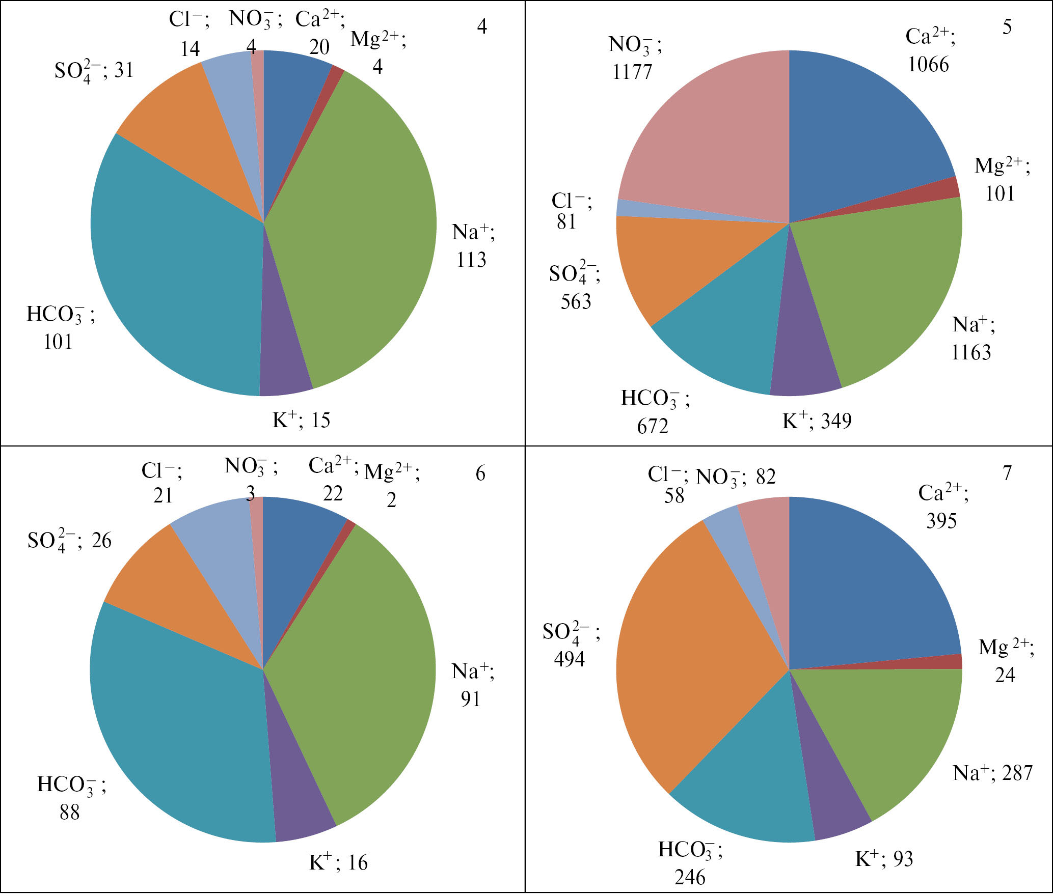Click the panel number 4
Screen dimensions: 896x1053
[481, 26]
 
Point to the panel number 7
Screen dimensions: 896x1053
[1007, 473]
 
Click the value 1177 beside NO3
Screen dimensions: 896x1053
[632, 72]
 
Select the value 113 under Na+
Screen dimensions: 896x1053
[471, 260]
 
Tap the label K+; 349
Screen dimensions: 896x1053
[817, 421]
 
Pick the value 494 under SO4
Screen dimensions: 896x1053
[570, 659]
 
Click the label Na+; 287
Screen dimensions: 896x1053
[992, 773]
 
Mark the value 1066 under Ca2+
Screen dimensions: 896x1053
[928, 65]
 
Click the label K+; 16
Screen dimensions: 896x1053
[338, 862]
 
